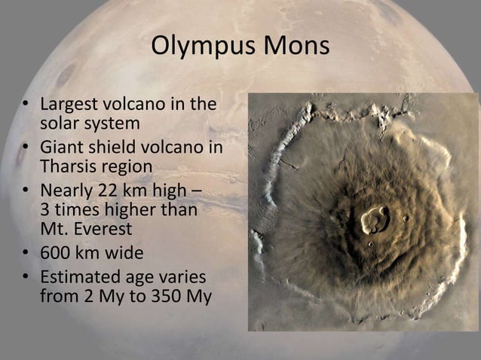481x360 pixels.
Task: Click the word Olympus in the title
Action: pyautogui.click(x=203, y=46)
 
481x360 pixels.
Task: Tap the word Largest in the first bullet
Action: pyautogui.click(x=69, y=104)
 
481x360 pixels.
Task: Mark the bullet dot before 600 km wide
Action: pyautogui.click(x=25, y=251)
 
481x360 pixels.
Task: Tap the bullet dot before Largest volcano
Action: pyautogui.click(x=25, y=105)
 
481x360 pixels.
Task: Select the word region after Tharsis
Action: pyautogui.click(x=126, y=165)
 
